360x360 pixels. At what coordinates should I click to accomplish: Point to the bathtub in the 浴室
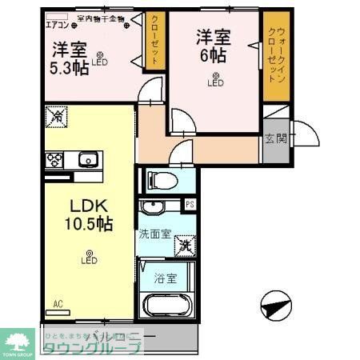coord(166,307)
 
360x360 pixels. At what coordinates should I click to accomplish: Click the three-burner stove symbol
coord(54,158)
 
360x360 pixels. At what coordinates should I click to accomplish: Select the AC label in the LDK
coord(58,303)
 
